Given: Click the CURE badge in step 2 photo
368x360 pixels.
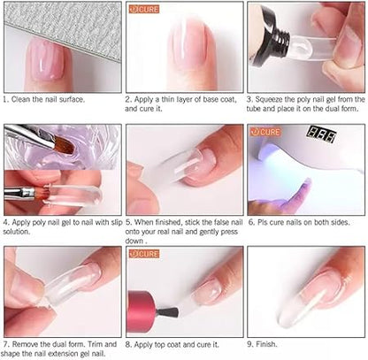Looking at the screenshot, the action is pyautogui.click(x=144, y=9).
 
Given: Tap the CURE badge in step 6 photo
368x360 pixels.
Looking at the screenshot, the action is pyautogui.click(x=264, y=132).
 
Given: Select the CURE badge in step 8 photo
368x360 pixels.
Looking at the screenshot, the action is pyautogui.click(x=144, y=254).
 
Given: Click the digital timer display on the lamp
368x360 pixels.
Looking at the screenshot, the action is pyautogui.click(x=321, y=134).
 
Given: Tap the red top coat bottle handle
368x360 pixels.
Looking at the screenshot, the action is pyautogui.click(x=141, y=311).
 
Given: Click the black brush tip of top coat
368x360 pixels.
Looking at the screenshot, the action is pyautogui.click(x=167, y=312).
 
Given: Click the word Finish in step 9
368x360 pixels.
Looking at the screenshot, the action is pyautogui.click(x=266, y=344).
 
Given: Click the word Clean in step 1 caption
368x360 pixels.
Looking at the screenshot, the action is pyautogui.click(x=21, y=99).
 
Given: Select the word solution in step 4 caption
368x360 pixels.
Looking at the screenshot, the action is pyautogui.click(x=17, y=232).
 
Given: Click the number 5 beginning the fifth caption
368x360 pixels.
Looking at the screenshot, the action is pyautogui.click(x=128, y=222).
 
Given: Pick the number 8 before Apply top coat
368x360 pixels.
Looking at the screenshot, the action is pyautogui.click(x=128, y=344).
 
